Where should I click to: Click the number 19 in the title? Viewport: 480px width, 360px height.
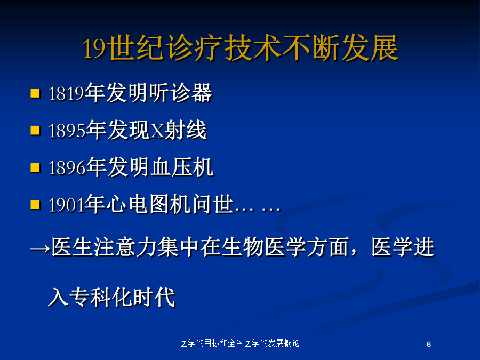(94, 49)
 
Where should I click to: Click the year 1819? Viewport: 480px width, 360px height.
(66, 93)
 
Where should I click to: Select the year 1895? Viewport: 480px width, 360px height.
(67, 131)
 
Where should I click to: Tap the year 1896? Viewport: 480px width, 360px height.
(67, 168)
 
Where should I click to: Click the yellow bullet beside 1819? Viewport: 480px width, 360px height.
(36, 93)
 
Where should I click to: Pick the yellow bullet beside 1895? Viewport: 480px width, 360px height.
(36, 131)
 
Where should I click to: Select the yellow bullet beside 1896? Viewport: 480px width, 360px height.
(36, 167)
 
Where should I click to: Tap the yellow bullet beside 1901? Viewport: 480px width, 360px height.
(36, 204)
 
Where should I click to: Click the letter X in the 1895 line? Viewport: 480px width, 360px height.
(158, 131)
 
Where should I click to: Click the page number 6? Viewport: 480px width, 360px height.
(429, 345)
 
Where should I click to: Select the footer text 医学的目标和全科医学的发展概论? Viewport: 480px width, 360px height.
(239, 343)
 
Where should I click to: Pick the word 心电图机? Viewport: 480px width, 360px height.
(148, 204)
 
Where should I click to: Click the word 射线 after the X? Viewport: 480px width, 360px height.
(186, 130)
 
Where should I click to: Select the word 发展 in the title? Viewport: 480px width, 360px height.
(370, 48)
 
